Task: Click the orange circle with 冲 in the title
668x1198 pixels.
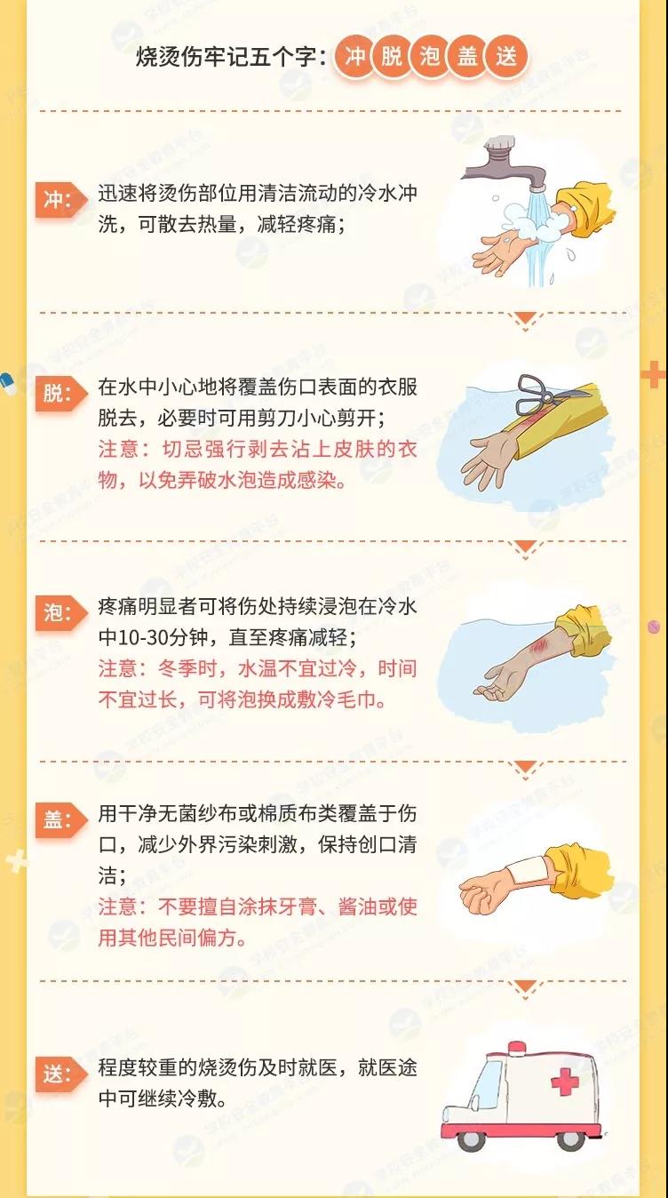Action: pos(354,56)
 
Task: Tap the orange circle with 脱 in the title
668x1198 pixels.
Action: pos(393,56)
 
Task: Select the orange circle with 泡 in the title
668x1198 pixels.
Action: pos(430,56)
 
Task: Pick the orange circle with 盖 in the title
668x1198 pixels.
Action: pos(467,56)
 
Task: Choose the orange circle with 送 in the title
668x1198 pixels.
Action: pos(506,56)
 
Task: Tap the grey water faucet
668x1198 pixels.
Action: pos(506,164)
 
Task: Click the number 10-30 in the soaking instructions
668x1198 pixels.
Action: pos(139,637)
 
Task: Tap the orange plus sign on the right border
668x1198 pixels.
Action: pos(654,375)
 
